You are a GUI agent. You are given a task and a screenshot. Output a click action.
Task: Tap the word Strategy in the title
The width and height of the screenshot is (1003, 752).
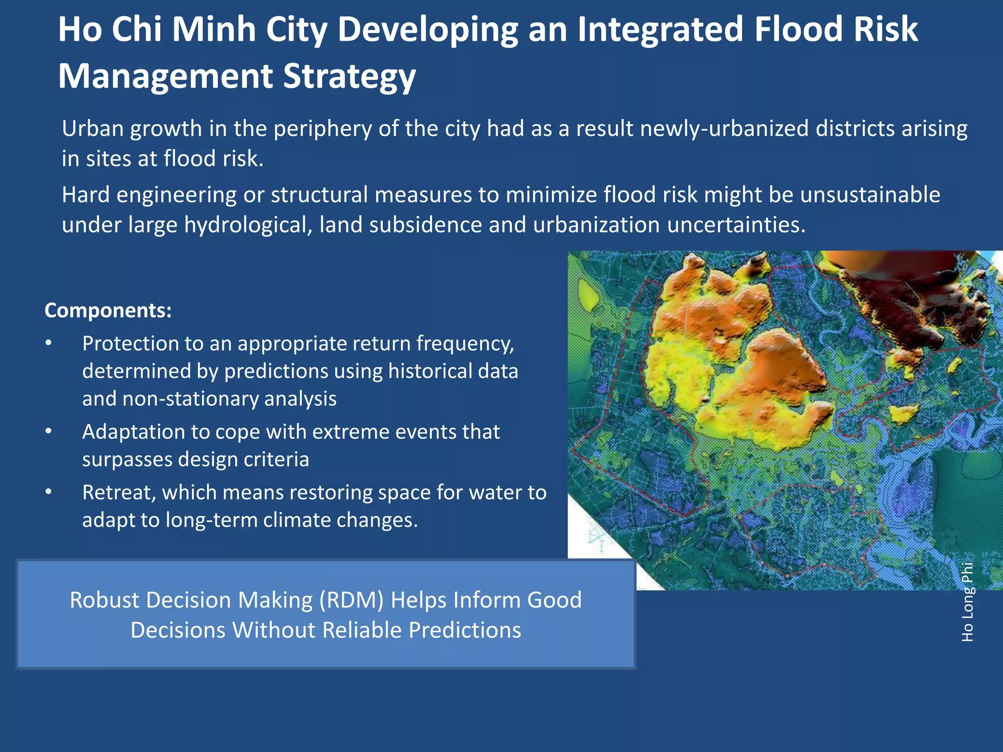(x=349, y=77)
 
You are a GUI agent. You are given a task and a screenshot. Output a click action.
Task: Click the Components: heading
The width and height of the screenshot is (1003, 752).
(x=108, y=310)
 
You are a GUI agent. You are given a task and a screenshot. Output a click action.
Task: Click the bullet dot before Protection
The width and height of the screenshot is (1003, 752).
(x=48, y=343)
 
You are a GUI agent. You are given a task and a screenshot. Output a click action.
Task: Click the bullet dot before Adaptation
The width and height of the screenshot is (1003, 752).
(x=48, y=432)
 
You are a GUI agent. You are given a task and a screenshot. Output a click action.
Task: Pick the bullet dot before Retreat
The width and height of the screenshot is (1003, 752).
(x=48, y=492)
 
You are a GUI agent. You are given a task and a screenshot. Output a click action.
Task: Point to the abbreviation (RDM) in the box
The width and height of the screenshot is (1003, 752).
(x=352, y=600)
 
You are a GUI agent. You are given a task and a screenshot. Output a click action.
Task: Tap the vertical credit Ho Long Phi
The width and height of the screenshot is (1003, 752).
(x=967, y=602)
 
